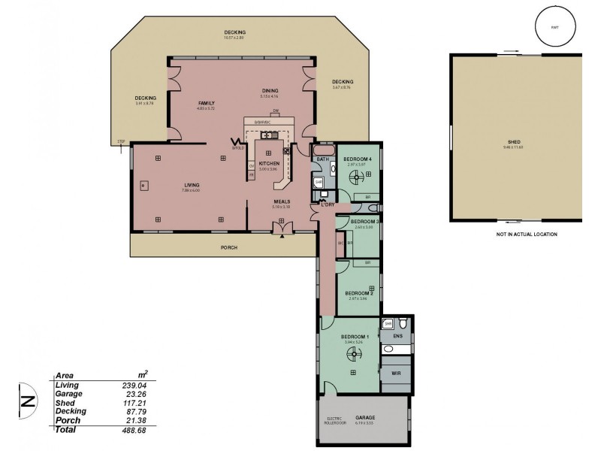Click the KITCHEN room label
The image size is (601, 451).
[x=269, y=163]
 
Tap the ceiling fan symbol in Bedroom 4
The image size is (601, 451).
[x=358, y=177]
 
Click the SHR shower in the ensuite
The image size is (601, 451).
[x=388, y=324]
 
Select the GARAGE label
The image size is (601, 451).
[x=365, y=417]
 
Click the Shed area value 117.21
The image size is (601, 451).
[x=136, y=402]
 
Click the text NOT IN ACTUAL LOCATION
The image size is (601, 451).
[x=526, y=235]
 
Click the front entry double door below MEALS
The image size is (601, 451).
[x=282, y=227]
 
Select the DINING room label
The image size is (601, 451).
[x=269, y=91]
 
